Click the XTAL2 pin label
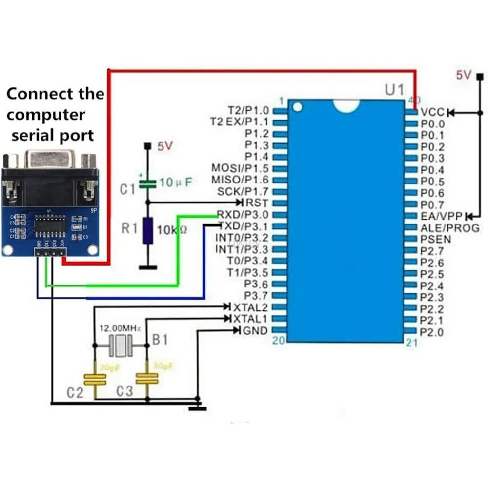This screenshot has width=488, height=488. (x=250, y=307)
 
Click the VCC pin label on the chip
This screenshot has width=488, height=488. (x=431, y=112)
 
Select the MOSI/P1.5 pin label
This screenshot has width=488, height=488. (x=240, y=168)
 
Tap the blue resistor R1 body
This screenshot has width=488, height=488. (x=148, y=231)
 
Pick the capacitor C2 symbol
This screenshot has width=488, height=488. (x=95, y=379)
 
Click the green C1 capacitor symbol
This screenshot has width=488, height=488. (x=147, y=183)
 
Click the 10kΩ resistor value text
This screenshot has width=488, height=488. (x=171, y=229)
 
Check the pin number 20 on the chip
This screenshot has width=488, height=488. (x=278, y=341)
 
